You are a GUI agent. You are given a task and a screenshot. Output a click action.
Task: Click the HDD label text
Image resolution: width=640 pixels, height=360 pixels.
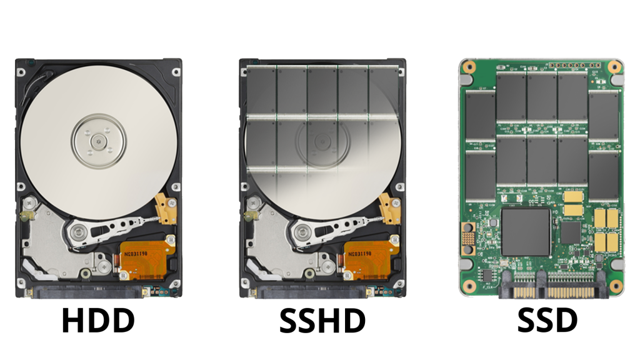point(98,320)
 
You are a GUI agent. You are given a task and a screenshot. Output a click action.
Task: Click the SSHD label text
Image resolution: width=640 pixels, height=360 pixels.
point(322,320)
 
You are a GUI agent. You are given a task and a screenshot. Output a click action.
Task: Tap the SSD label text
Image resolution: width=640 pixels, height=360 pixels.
point(547,320)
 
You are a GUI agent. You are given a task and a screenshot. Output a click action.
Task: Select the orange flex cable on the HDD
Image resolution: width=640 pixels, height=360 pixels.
point(146,259)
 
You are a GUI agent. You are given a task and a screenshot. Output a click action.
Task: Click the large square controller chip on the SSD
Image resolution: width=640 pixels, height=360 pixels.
point(526,232)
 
